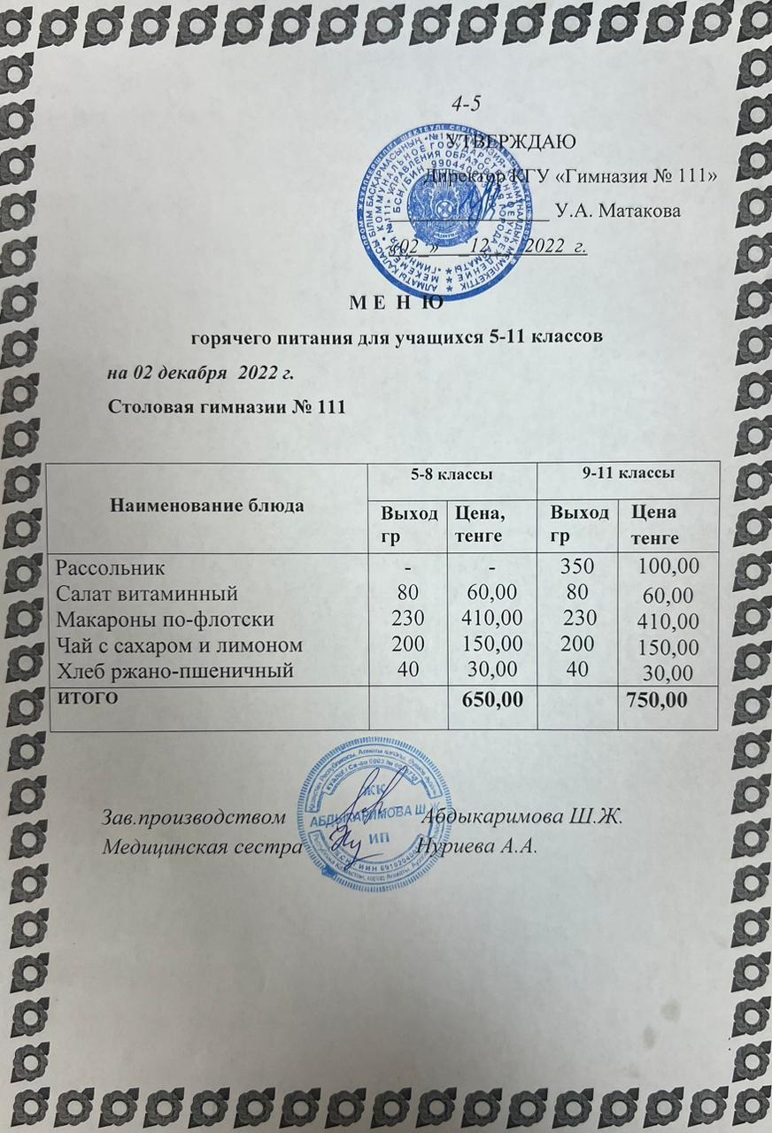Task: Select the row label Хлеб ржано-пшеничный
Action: [174, 671]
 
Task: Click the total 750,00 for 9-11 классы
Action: [656, 700]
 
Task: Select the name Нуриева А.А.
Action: [478, 844]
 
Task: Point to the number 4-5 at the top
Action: [466, 104]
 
